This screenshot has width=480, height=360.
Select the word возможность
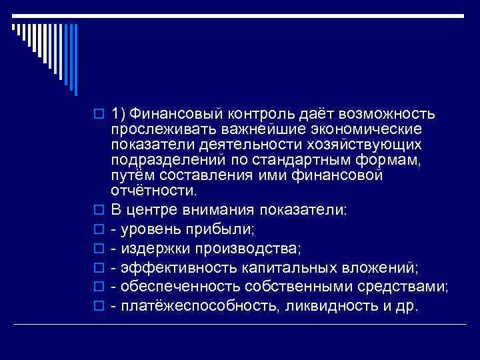pos(389,113)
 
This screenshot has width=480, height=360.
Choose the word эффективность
pos(171,269)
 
